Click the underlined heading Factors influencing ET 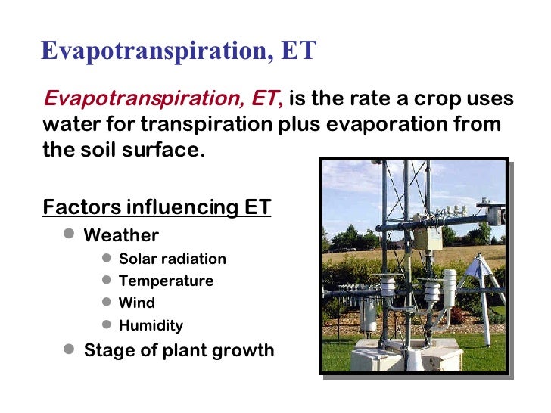(x=157, y=206)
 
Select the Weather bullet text (x=121, y=234)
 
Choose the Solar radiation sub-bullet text (x=173, y=259)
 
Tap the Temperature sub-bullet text (x=166, y=281)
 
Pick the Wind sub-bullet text (x=137, y=303)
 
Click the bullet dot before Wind (x=107, y=303)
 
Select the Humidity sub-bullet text (x=151, y=326)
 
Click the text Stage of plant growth (x=179, y=350)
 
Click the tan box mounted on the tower (x=428, y=239)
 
